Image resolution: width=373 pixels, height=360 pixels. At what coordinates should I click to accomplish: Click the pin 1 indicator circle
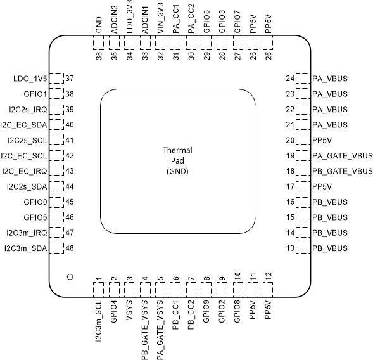(x=70, y=277)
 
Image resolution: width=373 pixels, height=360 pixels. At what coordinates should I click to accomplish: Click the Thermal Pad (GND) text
(x=177, y=161)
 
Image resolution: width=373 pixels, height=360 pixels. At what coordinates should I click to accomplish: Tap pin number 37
(x=70, y=79)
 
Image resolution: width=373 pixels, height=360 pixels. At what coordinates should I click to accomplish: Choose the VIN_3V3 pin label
(x=160, y=20)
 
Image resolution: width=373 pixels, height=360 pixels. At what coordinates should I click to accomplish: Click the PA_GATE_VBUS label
(x=343, y=155)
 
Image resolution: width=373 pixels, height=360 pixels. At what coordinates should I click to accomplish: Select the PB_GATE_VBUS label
(x=343, y=171)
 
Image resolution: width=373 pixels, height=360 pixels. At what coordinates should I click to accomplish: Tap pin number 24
(x=291, y=79)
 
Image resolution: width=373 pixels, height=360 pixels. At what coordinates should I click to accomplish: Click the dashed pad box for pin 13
(x=304, y=248)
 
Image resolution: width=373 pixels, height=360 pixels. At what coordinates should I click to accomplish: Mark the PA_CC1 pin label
(x=175, y=21)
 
